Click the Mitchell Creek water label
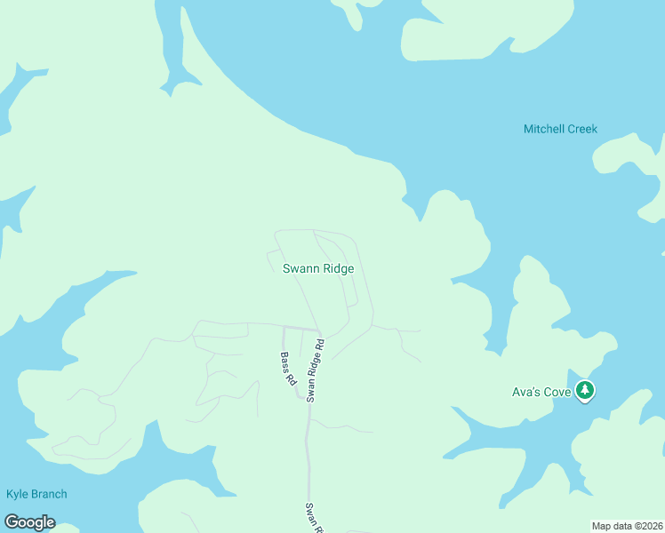point(560,129)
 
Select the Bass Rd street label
point(288,368)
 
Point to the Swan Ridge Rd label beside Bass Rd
point(315,370)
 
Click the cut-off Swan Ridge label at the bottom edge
point(312,517)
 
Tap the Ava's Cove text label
point(541,391)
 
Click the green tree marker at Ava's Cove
point(584,389)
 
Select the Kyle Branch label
point(36,494)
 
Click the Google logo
point(29,522)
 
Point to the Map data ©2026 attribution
point(628,526)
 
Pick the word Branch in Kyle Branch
point(49,494)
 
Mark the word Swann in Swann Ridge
point(299,268)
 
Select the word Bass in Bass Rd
point(285,362)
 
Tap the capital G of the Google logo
point(12,522)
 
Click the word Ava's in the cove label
point(525,391)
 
